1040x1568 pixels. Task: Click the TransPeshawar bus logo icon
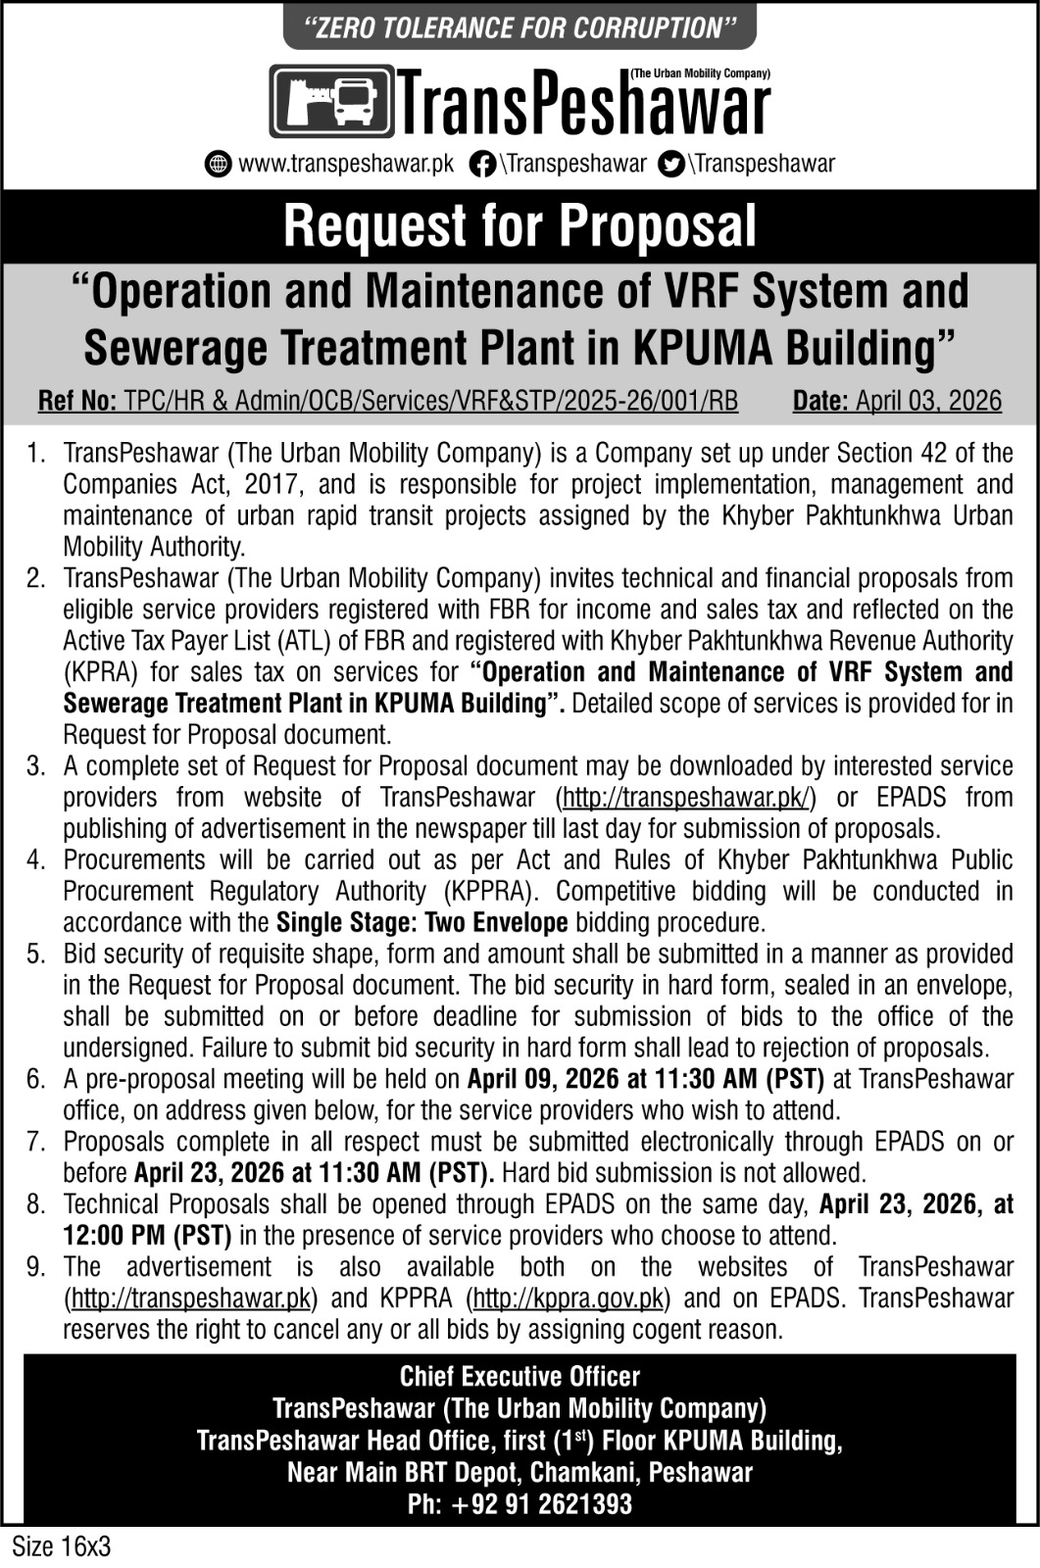331,101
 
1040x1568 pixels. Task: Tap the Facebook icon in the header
481,164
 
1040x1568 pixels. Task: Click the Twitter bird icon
671,164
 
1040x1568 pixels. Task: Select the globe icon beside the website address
218,164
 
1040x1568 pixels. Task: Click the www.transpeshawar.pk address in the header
346,164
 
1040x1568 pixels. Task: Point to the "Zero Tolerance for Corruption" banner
520,27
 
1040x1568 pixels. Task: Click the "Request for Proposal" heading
520,226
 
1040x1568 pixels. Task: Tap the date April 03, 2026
928,401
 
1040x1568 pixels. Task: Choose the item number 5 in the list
36,954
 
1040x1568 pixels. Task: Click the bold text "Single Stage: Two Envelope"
422,922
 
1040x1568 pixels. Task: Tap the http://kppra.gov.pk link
569,1298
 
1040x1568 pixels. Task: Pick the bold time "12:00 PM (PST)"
148,1236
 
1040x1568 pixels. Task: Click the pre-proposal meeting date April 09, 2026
543,1079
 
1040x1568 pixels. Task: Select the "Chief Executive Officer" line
520,1377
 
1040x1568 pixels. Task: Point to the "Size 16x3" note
61,1547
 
